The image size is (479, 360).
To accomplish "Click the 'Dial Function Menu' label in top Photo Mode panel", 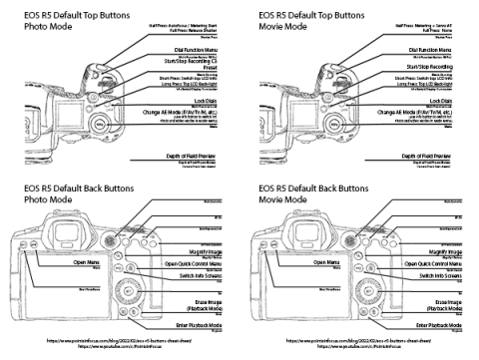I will pyautogui.click(x=197, y=48).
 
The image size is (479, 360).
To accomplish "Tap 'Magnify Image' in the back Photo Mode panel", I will pyautogui.click(x=203, y=252).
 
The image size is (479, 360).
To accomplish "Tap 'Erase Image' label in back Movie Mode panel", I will pyautogui.click(x=444, y=300).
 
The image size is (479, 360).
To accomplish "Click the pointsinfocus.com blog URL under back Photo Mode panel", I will pyautogui.click(x=119, y=340).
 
